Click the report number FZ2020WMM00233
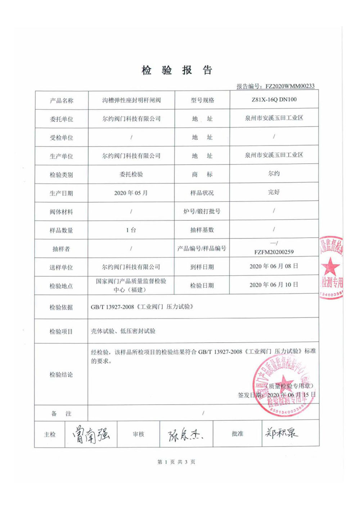point(290,86)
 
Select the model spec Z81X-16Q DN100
point(274,100)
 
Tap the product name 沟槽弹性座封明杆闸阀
point(131,100)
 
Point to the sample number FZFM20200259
point(274,252)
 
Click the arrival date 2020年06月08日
point(274,266)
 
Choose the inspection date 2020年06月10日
point(274,285)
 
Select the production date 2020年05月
point(131,193)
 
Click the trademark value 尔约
point(274,174)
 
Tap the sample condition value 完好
point(274,192)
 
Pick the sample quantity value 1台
point(131,230)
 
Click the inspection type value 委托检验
point(131,174)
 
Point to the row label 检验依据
point(61,307)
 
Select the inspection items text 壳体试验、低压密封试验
point(123,331)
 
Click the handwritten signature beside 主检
point(91,434)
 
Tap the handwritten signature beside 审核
point(185,435)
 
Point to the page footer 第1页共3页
point(176,462)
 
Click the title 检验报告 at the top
point(177,70)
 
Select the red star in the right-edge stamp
point(330,267)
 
